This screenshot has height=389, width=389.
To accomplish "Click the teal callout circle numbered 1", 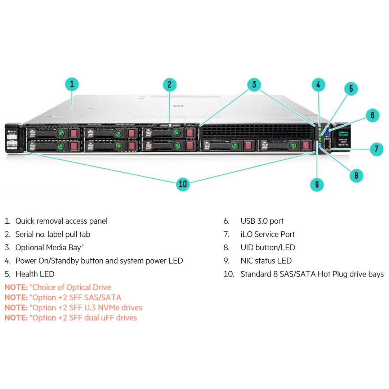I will (72, 85).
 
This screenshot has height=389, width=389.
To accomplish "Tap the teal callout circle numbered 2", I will (170, 85).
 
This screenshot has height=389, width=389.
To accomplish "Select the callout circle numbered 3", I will (254, 85).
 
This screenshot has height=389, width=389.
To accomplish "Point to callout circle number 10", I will (183, 184).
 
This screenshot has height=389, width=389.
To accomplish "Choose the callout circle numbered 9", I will (317, 184).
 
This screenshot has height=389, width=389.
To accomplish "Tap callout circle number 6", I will (372, 115).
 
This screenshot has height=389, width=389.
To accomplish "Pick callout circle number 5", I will (351, 89).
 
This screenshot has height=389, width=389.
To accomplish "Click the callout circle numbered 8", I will (356, 175).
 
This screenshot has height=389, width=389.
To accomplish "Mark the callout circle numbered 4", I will (318, 85).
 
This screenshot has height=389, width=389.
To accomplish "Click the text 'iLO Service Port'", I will (268, 234).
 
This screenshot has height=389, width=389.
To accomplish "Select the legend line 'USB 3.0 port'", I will (262, 221).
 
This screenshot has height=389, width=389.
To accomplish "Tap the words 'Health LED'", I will (35, 274).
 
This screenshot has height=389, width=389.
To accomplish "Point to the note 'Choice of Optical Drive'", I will (71, 287).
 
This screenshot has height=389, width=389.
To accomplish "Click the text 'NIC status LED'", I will (266, 261).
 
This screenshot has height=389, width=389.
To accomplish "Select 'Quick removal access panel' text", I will (61, 221).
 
